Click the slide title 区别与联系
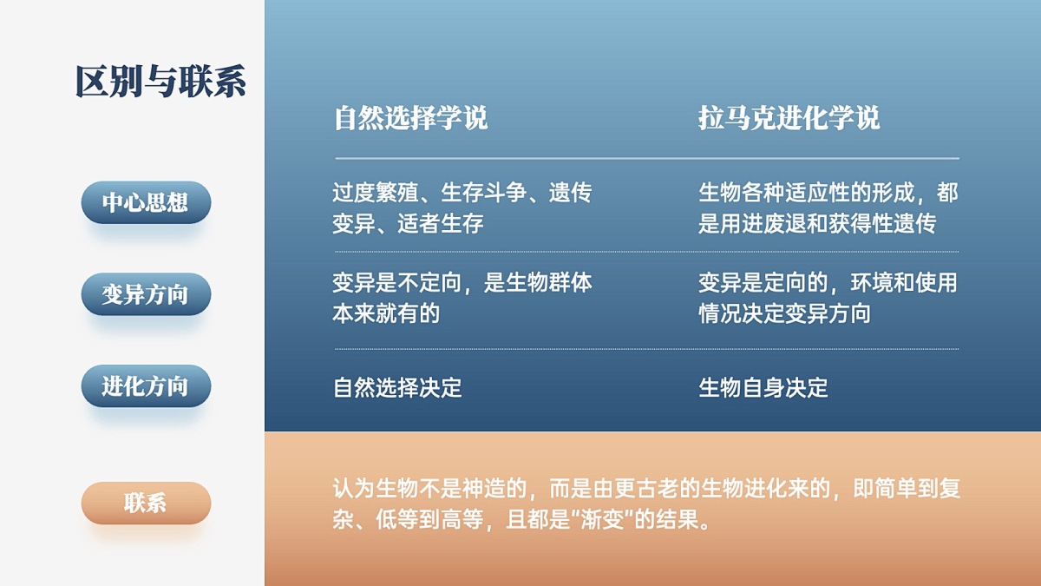[160, 82]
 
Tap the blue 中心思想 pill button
[146, 202]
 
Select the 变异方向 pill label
[146, 294]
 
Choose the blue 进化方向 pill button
[146, 386]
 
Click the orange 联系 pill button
[146, 504]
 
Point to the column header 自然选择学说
[411, 118]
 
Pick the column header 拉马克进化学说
[789, 118]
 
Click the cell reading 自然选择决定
[397, 387]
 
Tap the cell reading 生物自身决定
[763, 387]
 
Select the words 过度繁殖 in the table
[376, 193]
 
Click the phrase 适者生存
[441, 223]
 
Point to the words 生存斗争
[484, 193]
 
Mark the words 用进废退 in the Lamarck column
[763, 223]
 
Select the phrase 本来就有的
[386, 313]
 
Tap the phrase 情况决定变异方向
[784, 313]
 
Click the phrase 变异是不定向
[397, 283]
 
